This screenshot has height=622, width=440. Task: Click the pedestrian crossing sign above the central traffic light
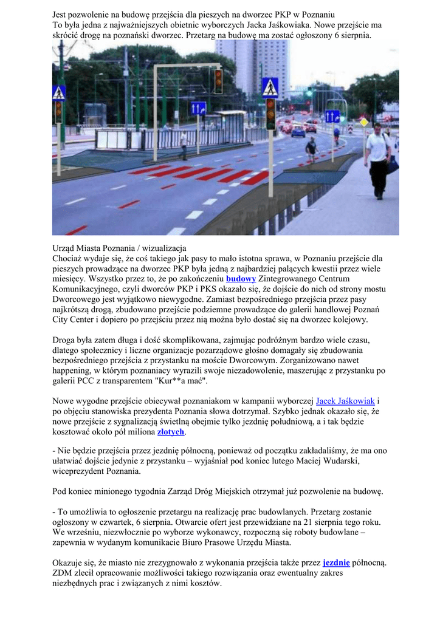[270, 87]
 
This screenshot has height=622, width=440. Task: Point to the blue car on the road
[298, 131]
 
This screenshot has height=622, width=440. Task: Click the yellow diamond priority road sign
[364, 122]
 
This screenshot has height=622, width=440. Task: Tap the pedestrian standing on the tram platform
[184, 145]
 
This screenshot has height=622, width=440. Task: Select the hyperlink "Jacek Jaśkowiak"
[345, 402]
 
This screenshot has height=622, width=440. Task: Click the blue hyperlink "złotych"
[171, 432]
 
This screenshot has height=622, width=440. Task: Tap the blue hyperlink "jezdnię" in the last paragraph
[336, 562]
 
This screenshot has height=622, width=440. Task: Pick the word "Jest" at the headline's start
[60, 14]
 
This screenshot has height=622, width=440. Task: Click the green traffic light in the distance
[309, 93]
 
